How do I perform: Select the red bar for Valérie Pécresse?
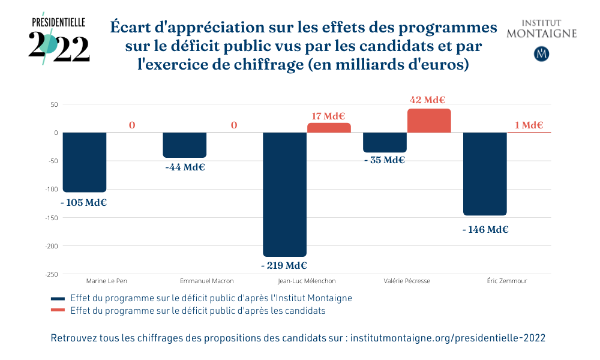click(x=429, y=121)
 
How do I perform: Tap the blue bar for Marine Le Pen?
click(x=85, y=162)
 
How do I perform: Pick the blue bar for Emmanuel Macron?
click(x=185, y=145)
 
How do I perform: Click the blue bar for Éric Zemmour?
click(x=485, y=173)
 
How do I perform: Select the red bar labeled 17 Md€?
click(x=329, y=128)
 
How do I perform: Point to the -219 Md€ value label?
click(x=284, y=265)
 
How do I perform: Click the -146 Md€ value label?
click(x=485, y=229)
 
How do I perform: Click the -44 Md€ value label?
click(x=185, y=167)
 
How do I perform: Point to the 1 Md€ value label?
click(x=529, y=125)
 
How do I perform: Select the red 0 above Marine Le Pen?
click(x=131, y=125)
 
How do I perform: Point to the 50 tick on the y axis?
click(x=53, y=104)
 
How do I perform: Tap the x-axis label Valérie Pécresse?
click(x=407, y=281)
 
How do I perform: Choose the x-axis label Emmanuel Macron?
click(x=207, y=281)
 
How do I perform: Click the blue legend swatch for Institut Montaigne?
click(x=58, y=298)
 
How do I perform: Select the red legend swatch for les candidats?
click(x=58, y=311)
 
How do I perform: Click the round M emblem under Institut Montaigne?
click(x=542, y=53)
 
